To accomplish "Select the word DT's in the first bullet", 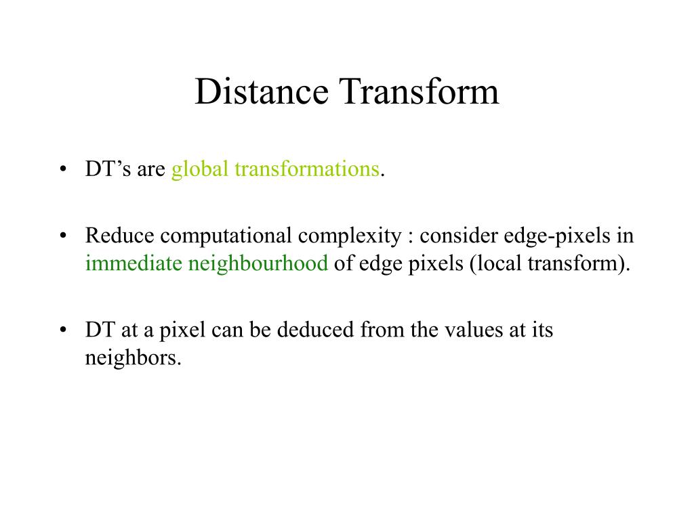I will pyautogui.click(x=108, y=169).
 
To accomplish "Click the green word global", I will pyautogui.click(x=201, y=169).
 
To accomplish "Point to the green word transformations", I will pyautogui.click(x=306, y=169).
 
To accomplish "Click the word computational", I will pyautogui.click(x=226, y=236).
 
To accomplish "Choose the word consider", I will pyautogui.click(x=459, y=236).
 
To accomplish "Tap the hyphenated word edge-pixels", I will pyautogui.click(x=559, y=236).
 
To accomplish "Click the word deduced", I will pyautogui.click(x=317, y=330).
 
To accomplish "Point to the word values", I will pyautogui.click(x=473, y=330).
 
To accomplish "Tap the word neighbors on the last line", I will pyautogui.click(x=133, y=358).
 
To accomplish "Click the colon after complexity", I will pyautogui.click(x=410, y=237).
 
